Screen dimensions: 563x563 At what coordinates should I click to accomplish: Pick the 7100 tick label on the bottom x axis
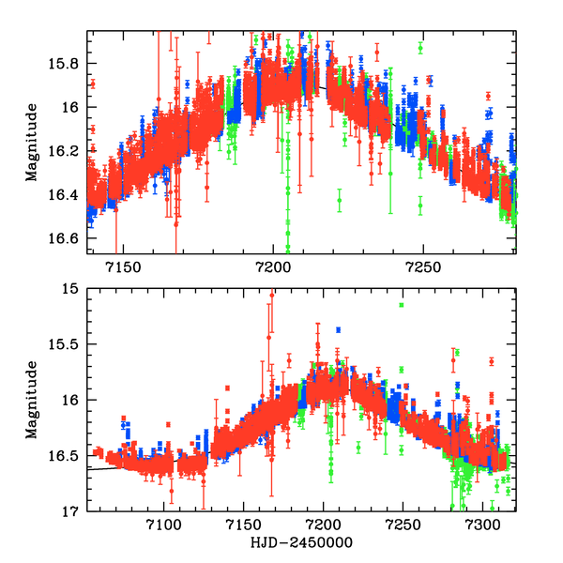pyautogui.click(x=165, y=525)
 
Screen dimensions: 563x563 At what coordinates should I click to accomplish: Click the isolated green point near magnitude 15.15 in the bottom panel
pyautogui.click(x=401, y=305)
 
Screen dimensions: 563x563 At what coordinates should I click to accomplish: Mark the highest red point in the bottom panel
pyautogui.click(x=272, y=295)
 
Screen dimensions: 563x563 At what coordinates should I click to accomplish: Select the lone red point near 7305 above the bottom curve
pyautogui.click(x=491, y=361)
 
